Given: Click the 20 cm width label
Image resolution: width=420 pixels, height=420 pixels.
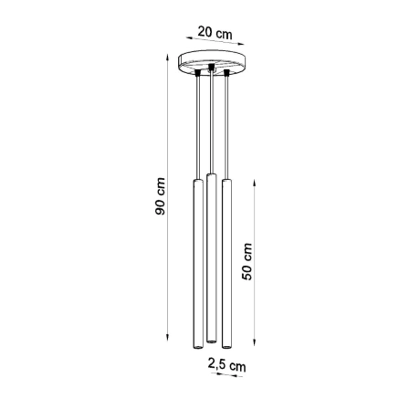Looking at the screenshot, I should coord(215,34).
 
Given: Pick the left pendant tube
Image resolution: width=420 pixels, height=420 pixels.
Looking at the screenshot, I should coord(195,265).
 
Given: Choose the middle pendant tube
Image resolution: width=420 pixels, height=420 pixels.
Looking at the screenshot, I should coord(211,256).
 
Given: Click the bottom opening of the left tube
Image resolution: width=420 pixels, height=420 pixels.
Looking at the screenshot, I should coord(195,348).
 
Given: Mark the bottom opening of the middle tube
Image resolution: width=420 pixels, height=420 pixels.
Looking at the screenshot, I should coord(211,335).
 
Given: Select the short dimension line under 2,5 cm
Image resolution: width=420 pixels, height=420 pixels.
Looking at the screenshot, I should coord(225,375).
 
